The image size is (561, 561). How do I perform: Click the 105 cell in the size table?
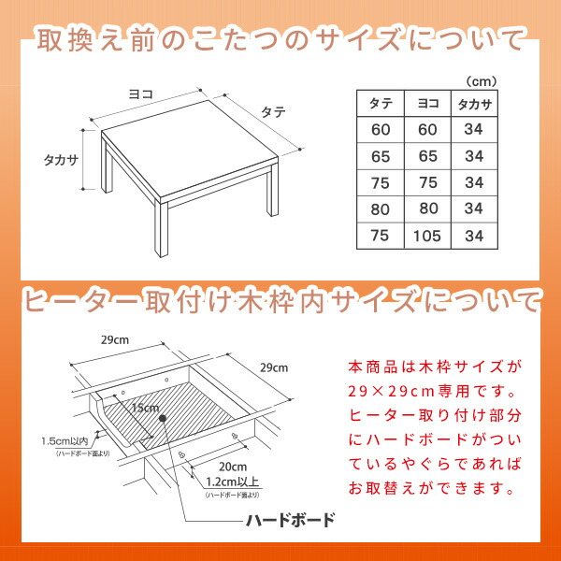click(x=427, y=237)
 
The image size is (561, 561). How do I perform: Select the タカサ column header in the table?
click(x=474, y=104)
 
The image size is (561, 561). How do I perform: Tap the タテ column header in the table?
click(x=381, y=104)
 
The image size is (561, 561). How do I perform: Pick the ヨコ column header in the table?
click(x=428, y=104)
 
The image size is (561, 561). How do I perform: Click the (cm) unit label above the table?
click(x=482, y=81)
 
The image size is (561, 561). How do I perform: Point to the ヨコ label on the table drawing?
click(x=141, y=94)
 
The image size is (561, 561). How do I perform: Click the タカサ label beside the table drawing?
click(x=61, y=160)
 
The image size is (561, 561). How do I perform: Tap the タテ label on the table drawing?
click(x=273, y=112)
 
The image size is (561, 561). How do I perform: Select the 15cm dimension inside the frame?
click(x=145, y=408)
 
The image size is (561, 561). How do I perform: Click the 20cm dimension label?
click(x=233, y=467)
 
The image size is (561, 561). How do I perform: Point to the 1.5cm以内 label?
click(x=65, y=440)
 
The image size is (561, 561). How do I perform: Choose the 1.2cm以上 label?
click(x=233, y=482)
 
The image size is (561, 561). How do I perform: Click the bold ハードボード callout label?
click(x=291, y=520)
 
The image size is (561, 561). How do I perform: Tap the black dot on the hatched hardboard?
click(x=163, y=418)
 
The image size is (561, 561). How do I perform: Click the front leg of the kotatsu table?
click(x=162, y=229)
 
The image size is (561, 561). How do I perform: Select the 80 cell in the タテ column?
click(x=380, y=209)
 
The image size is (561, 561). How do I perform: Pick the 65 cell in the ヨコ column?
click(x=428, y=156)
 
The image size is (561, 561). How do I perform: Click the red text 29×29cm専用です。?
click(x=433, y=392)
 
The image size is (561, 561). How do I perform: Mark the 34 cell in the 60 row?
click(x=474, y=129)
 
